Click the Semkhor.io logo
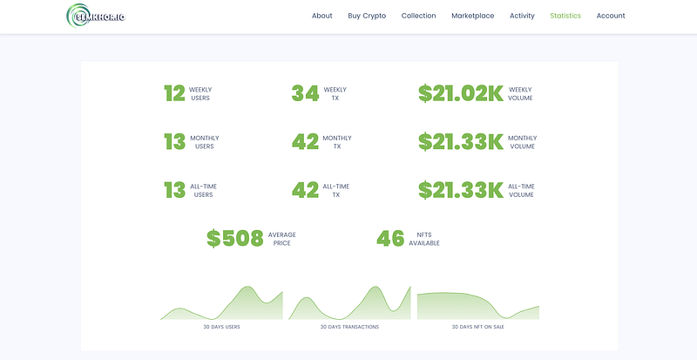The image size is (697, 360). click(96, 16)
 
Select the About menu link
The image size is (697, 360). click(321, 16)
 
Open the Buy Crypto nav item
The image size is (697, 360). click(367, 16)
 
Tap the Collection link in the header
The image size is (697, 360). click(418, 16)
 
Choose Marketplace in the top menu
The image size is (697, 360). click(472, 16)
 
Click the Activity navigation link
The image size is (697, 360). click(522, 16)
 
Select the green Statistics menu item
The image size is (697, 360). click(565, 16)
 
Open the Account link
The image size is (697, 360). click(611, 16)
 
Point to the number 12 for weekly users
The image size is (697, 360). click(174, 93)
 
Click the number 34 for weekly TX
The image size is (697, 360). click(305, 93)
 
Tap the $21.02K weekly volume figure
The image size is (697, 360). click(461, 93)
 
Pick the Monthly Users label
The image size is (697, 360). click(205, 142)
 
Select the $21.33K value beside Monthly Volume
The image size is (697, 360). click(461, 142)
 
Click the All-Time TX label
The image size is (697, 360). click(336, 190)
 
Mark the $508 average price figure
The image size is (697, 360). click(235, 239)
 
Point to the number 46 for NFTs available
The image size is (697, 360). click(390, 239)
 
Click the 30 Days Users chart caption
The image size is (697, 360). click(221, 327)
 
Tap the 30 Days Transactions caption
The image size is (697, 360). click(349, 327)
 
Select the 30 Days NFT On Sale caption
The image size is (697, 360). click(477, 327)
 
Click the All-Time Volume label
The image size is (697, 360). click(521, 190)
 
